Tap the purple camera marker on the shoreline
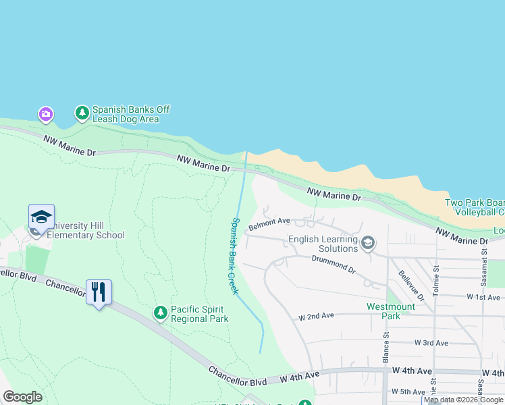tap(45, 113)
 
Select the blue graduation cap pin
tap(41, 217)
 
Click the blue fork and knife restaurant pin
tap(99, 292)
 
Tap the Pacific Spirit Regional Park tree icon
tap(160, 313)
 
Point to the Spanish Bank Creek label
tap(234, 256)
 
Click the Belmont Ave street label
tap(269, 223)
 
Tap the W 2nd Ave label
tap(317, 316)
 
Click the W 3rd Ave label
tap(431, 343)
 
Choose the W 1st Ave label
tap(483, 297)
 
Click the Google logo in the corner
tap(22, 397)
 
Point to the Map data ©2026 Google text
tap(463, 400)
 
